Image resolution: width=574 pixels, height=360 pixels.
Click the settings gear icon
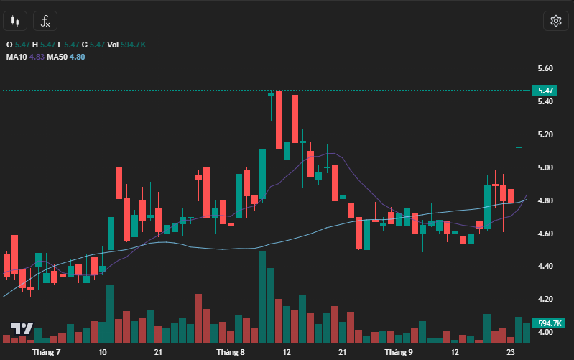[x=555, y=21]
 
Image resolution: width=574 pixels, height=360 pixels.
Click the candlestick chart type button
[x=15, y=21]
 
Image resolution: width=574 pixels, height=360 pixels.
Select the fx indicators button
[x=45, y=21]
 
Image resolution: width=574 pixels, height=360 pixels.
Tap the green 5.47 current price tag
[x=544, y=91]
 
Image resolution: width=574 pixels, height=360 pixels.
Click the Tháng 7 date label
[x=46, y=353]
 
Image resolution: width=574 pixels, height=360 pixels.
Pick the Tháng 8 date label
[x=231, y=353]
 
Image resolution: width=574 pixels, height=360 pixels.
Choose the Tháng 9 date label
[x=399, y=353]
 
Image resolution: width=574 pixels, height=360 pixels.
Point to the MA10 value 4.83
[x=37, y=56]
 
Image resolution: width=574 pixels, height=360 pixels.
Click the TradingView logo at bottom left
[x=22, y=329]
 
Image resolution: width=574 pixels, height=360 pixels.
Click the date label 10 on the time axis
[x=103, y=353]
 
